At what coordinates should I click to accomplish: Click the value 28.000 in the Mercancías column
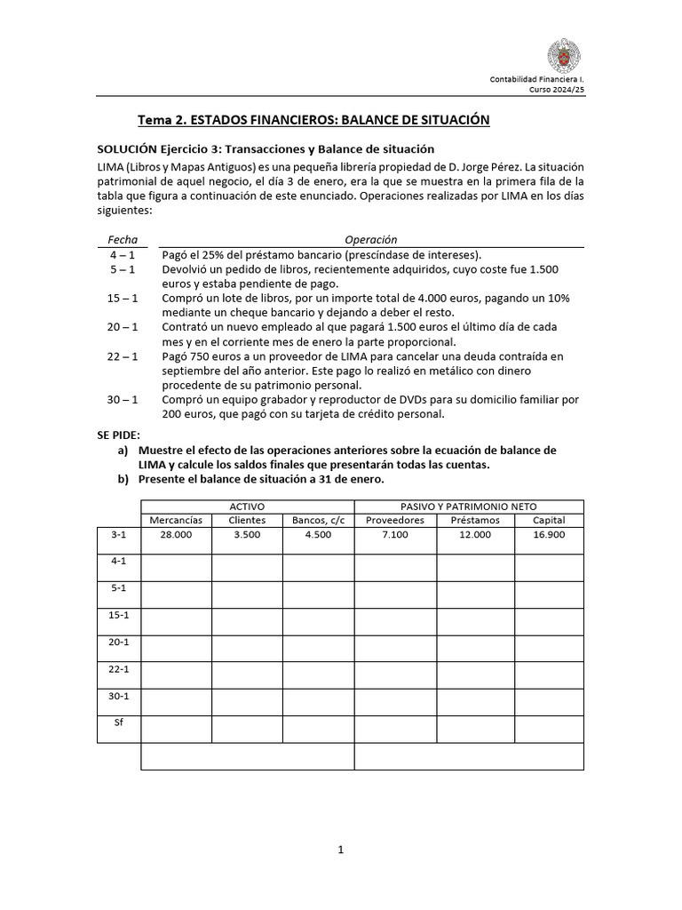176,535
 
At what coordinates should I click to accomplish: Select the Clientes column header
247,520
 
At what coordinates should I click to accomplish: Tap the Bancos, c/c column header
318,520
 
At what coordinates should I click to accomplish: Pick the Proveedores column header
395,520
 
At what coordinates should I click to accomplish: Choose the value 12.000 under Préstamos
475,535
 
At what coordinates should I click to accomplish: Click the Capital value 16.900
548,535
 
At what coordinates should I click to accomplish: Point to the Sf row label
118,722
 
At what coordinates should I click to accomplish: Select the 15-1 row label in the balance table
118,615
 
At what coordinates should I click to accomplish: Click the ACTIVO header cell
247,506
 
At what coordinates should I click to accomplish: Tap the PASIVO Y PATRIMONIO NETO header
468,506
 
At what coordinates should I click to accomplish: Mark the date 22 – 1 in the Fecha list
123,356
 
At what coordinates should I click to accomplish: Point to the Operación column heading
371,239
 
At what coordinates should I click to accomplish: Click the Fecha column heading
123,239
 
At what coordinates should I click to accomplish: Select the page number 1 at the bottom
340,850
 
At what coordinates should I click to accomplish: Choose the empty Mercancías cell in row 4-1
176,567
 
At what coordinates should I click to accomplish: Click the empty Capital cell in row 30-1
548,702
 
